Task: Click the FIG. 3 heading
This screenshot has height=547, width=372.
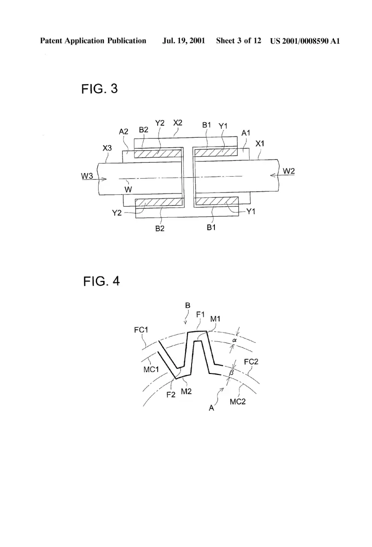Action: coord(100,89)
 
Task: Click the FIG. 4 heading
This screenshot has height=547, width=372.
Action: coord(101,281)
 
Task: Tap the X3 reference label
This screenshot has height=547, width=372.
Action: coord(107,148)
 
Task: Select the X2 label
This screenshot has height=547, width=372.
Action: coord(178,123)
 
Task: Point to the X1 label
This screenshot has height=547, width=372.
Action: coord(260,143)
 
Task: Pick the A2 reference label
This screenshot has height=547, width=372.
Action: coord(123,132)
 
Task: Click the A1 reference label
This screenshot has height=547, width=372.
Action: coord(246,133)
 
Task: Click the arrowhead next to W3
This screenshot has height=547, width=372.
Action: coord(104,179)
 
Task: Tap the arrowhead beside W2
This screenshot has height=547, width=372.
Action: coord(274,175)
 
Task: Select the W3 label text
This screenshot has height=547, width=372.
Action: coord(87,176)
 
